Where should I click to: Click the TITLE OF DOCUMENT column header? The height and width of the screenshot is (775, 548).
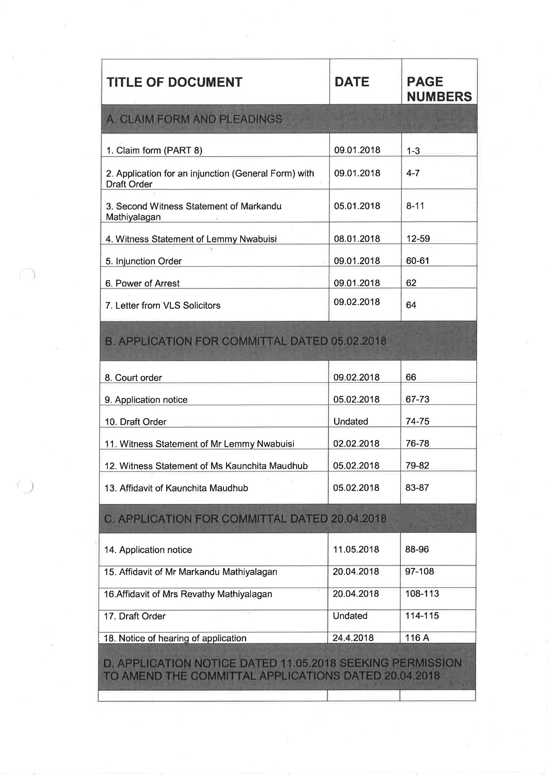pos(174,82)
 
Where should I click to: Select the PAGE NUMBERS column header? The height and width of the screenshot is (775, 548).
pos(439,89)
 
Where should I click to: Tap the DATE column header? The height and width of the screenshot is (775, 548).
pos(352,82)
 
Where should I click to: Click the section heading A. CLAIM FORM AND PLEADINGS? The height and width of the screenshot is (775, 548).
pos(194,119)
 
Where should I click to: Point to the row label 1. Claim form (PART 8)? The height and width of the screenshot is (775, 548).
pos(154,150)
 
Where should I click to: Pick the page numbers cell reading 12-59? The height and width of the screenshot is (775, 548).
pos(418,239)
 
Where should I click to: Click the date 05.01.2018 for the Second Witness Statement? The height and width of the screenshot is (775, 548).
pos(357,206)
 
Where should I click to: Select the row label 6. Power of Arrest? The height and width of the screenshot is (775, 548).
pos(142,283)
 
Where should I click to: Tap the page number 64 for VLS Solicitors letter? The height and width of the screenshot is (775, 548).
pos(411,305)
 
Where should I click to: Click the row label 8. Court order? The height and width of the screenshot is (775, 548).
pos(133,378)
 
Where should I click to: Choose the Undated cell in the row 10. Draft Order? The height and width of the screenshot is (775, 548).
pos(350,421)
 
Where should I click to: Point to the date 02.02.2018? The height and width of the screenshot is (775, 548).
pos(356,444)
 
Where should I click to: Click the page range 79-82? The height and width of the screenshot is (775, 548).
pos(417,465)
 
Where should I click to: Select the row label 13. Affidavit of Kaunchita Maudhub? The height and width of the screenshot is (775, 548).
pos(176,488)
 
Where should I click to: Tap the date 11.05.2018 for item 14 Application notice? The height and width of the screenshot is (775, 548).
pos(356,549)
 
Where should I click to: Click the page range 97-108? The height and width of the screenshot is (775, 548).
pos(420,572)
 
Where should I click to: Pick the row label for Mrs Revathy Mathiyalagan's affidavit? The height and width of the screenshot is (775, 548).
pos(188,594)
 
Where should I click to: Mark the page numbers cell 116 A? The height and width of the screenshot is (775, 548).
pos(417,638)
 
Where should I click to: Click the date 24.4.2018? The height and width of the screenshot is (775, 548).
pos(353,638)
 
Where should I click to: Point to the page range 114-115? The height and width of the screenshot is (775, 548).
pos(422,616)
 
